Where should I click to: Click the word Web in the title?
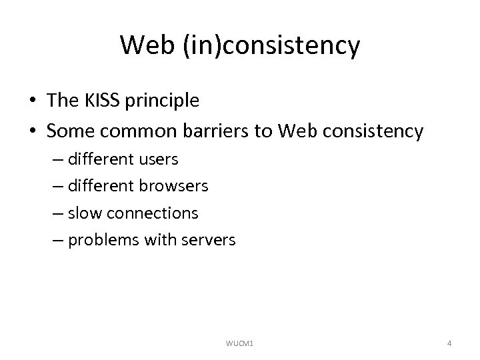coord(144,46)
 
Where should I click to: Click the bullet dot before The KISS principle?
coord(33,101)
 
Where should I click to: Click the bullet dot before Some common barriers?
coord(33,131)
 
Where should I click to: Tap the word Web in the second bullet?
coord(292,131)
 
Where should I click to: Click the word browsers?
coord(175,187)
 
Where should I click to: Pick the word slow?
coord(83,213)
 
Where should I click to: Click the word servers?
coord(209,240)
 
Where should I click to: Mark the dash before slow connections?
coord(57,213)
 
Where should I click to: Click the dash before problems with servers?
coord(57,240)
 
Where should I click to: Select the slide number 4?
coord(449,343)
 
